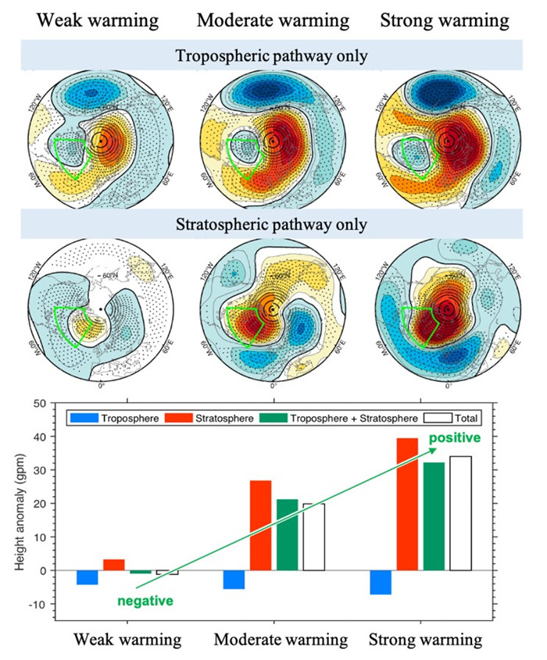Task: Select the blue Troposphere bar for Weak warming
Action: click(88, 577)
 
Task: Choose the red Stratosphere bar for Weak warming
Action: click(114, 565)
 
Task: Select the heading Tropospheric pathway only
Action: click(273, 55)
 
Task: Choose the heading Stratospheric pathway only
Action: click(273, 225)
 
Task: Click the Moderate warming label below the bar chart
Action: click(281, 640)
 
